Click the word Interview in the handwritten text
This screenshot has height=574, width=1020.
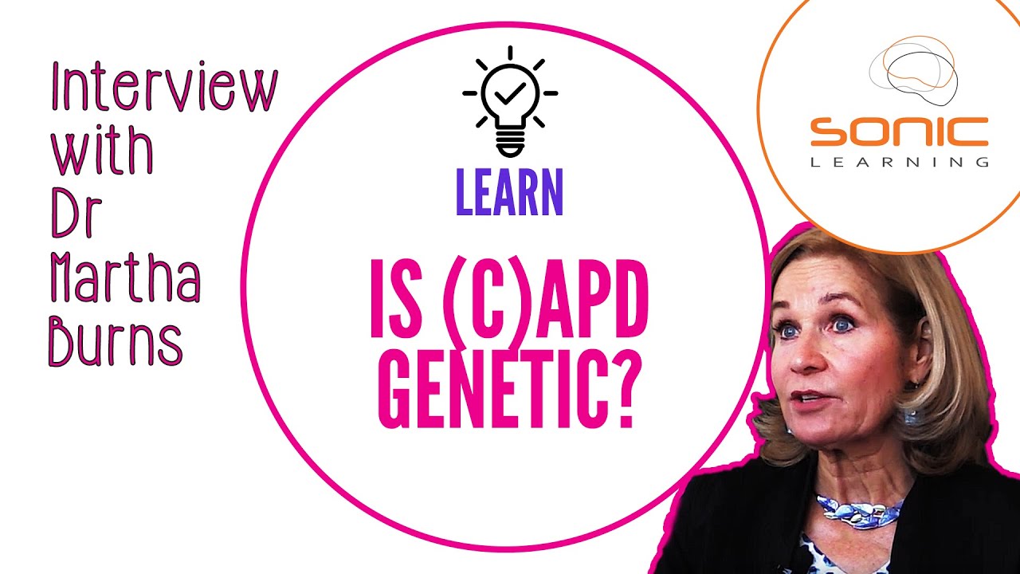[163, 89]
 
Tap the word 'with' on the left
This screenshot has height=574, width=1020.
[102, 151]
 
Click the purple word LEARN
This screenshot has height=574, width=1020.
[509, 194]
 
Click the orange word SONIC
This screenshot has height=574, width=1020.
[899, 132]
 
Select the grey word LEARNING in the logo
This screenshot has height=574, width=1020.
[899, 162]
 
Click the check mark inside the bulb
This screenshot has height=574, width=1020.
[509, 95]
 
